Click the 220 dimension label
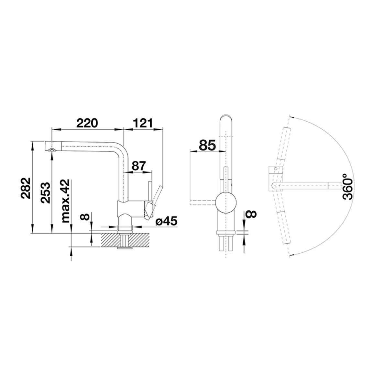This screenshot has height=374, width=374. coord(87,123)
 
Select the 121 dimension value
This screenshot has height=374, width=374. coord(143,123)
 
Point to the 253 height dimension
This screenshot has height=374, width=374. coord(45,192)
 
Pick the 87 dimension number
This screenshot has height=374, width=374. coord(138,166)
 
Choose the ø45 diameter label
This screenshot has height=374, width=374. coord(167,222)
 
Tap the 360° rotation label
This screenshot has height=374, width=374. coord(347,187)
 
